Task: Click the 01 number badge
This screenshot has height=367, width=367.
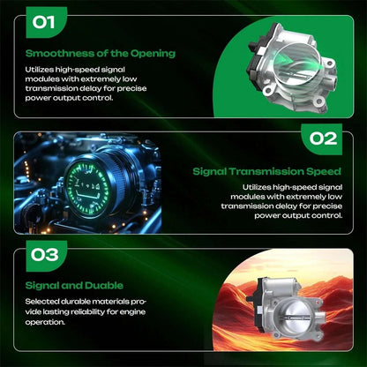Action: tap(47, 22)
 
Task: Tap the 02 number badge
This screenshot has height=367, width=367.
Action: tap(322, 139)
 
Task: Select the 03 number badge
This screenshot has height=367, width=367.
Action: tap(47, 256)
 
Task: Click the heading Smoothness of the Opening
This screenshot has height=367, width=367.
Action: tap(101, 54)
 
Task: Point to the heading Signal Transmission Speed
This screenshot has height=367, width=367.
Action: tap(266, 171)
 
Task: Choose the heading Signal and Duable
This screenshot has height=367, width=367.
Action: tap(74, 286)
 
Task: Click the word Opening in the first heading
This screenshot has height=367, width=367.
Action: tap(153, 54)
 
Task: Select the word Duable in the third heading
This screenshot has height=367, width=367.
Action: tap(104, 286)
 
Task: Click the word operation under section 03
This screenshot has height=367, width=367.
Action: tap(45, 322)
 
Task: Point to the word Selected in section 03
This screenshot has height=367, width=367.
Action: tap(41, 302)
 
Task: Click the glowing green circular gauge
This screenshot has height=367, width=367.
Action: tap(87, 187)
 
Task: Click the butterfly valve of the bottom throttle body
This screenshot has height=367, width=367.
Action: tap(299, 318)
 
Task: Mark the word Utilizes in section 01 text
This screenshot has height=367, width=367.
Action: tap(40, 70)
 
